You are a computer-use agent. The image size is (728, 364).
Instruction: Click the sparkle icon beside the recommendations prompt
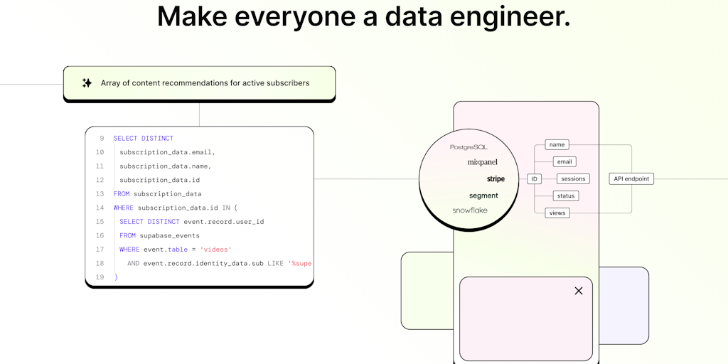click(87, 83)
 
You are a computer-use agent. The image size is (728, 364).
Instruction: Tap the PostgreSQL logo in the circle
click(469, 147)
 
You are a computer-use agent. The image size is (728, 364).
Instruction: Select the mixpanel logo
click(482, 162)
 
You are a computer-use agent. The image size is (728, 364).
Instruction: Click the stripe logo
click(496, 179)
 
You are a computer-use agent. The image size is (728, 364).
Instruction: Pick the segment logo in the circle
click(483, 196)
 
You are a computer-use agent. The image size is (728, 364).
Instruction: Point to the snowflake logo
click(470, 210)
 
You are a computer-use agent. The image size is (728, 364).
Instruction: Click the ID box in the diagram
click(535, 179)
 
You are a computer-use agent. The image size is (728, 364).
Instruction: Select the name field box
click(557, 145)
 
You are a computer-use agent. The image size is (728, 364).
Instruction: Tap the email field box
click(564, 162)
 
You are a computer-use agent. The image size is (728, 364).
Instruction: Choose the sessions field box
click(573, 179)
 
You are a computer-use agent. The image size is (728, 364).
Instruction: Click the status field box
click(566, 196)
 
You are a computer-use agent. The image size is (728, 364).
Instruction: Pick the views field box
click(557, 213)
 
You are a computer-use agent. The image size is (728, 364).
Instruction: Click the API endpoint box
click(631, 179)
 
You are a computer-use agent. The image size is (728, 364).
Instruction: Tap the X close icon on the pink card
click(579, 291)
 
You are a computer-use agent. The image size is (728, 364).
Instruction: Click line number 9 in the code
click(102, 139)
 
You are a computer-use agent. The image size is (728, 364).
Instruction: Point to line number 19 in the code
click(100, 277)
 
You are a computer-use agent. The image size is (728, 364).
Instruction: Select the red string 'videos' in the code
click(215, 250)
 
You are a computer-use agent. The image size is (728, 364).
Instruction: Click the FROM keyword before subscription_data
click(122, 194)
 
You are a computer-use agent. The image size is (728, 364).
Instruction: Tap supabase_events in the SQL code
click(170, 235)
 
